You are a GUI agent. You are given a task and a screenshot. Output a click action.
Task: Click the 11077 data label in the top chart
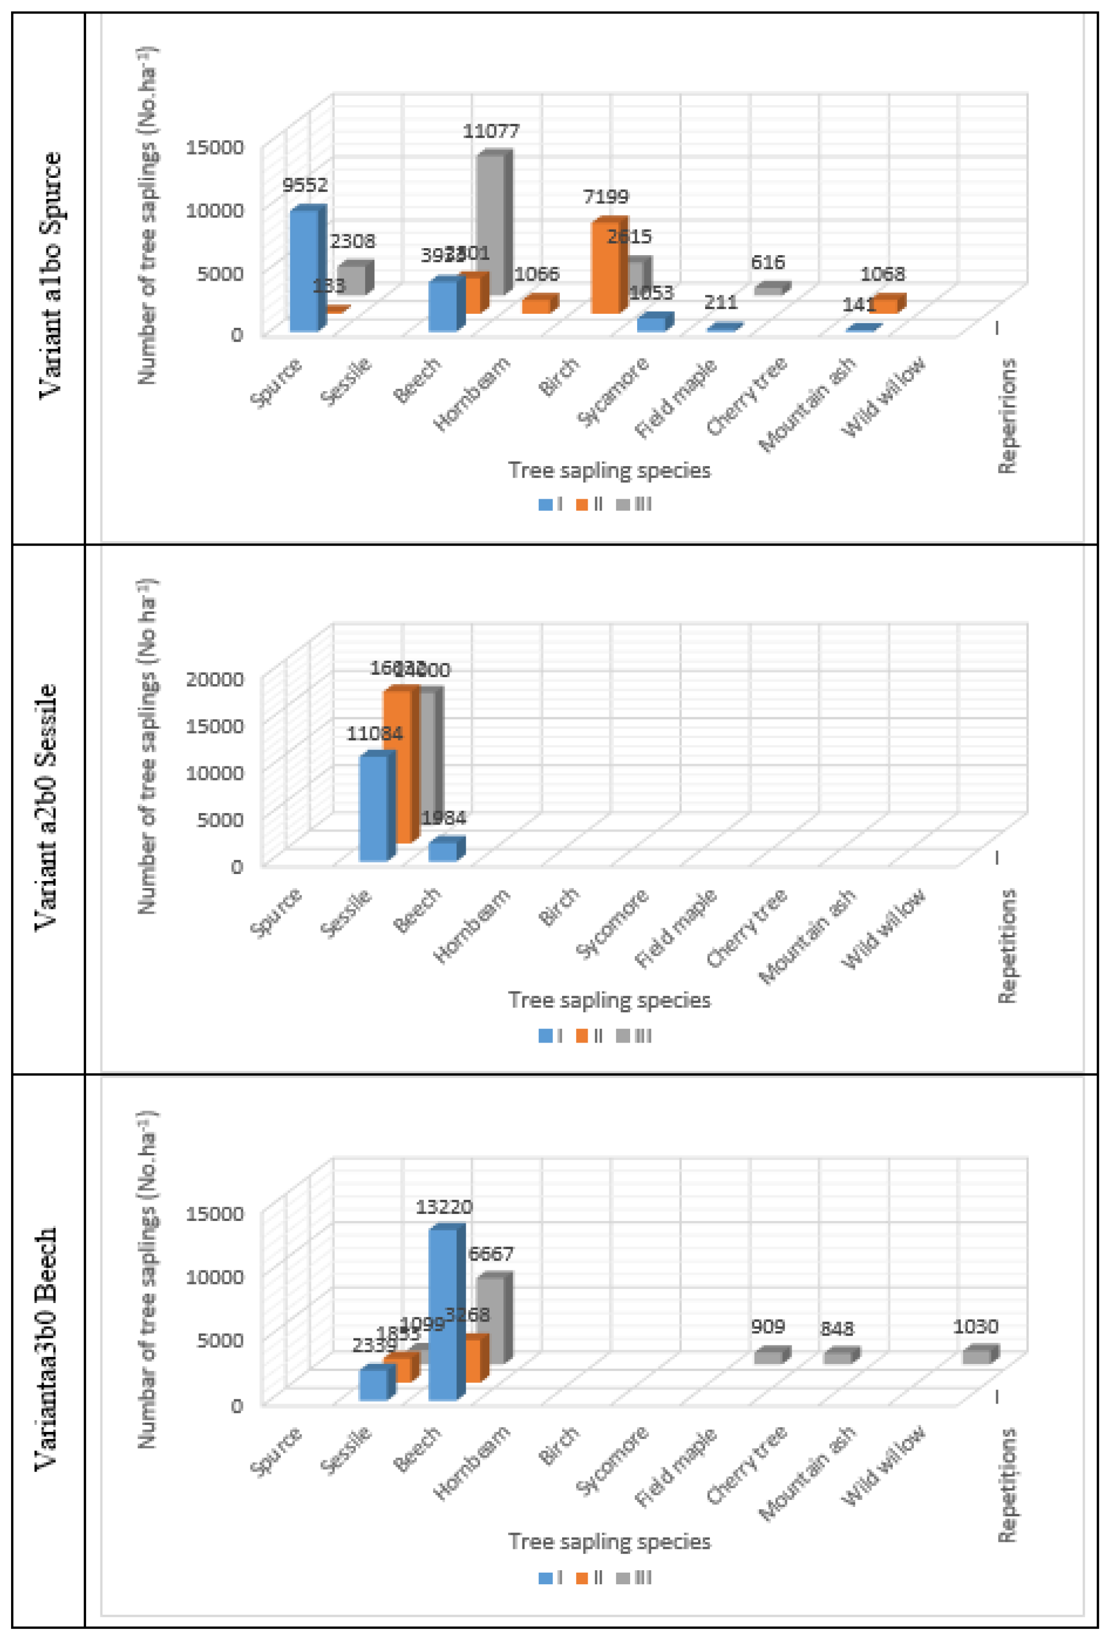tap(491, 131)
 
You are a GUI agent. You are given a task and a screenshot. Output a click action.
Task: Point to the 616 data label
tap(767, 263)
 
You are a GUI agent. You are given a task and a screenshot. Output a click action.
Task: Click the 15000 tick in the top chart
tap(214, 148)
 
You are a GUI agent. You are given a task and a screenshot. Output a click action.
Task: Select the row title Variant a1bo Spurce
tap(49, 275)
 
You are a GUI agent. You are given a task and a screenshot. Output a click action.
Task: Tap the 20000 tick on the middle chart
tap(214, 679)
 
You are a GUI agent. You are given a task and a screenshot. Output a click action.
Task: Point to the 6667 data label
tap(491, 1254)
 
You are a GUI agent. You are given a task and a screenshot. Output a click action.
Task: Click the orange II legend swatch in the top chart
tap(582, 504)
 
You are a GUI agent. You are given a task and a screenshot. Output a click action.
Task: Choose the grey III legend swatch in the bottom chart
tap(623, 1577)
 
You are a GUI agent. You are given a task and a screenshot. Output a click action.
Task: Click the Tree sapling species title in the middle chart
tap(609, 1000)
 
